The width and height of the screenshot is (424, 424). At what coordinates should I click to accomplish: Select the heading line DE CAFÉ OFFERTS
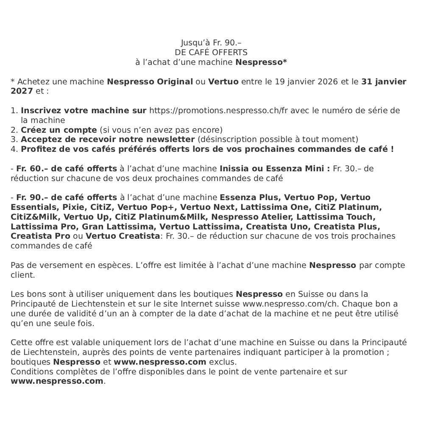(211, 53)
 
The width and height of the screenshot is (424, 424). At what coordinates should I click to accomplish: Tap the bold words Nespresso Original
(150, 81)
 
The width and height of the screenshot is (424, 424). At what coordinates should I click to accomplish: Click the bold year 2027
(22, 91)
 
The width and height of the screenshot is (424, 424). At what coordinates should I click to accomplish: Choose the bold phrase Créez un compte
(59, 130)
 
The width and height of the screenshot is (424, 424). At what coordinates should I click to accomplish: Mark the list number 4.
(13, 149)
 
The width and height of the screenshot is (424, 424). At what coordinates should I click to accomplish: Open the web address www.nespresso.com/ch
(290, 304)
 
